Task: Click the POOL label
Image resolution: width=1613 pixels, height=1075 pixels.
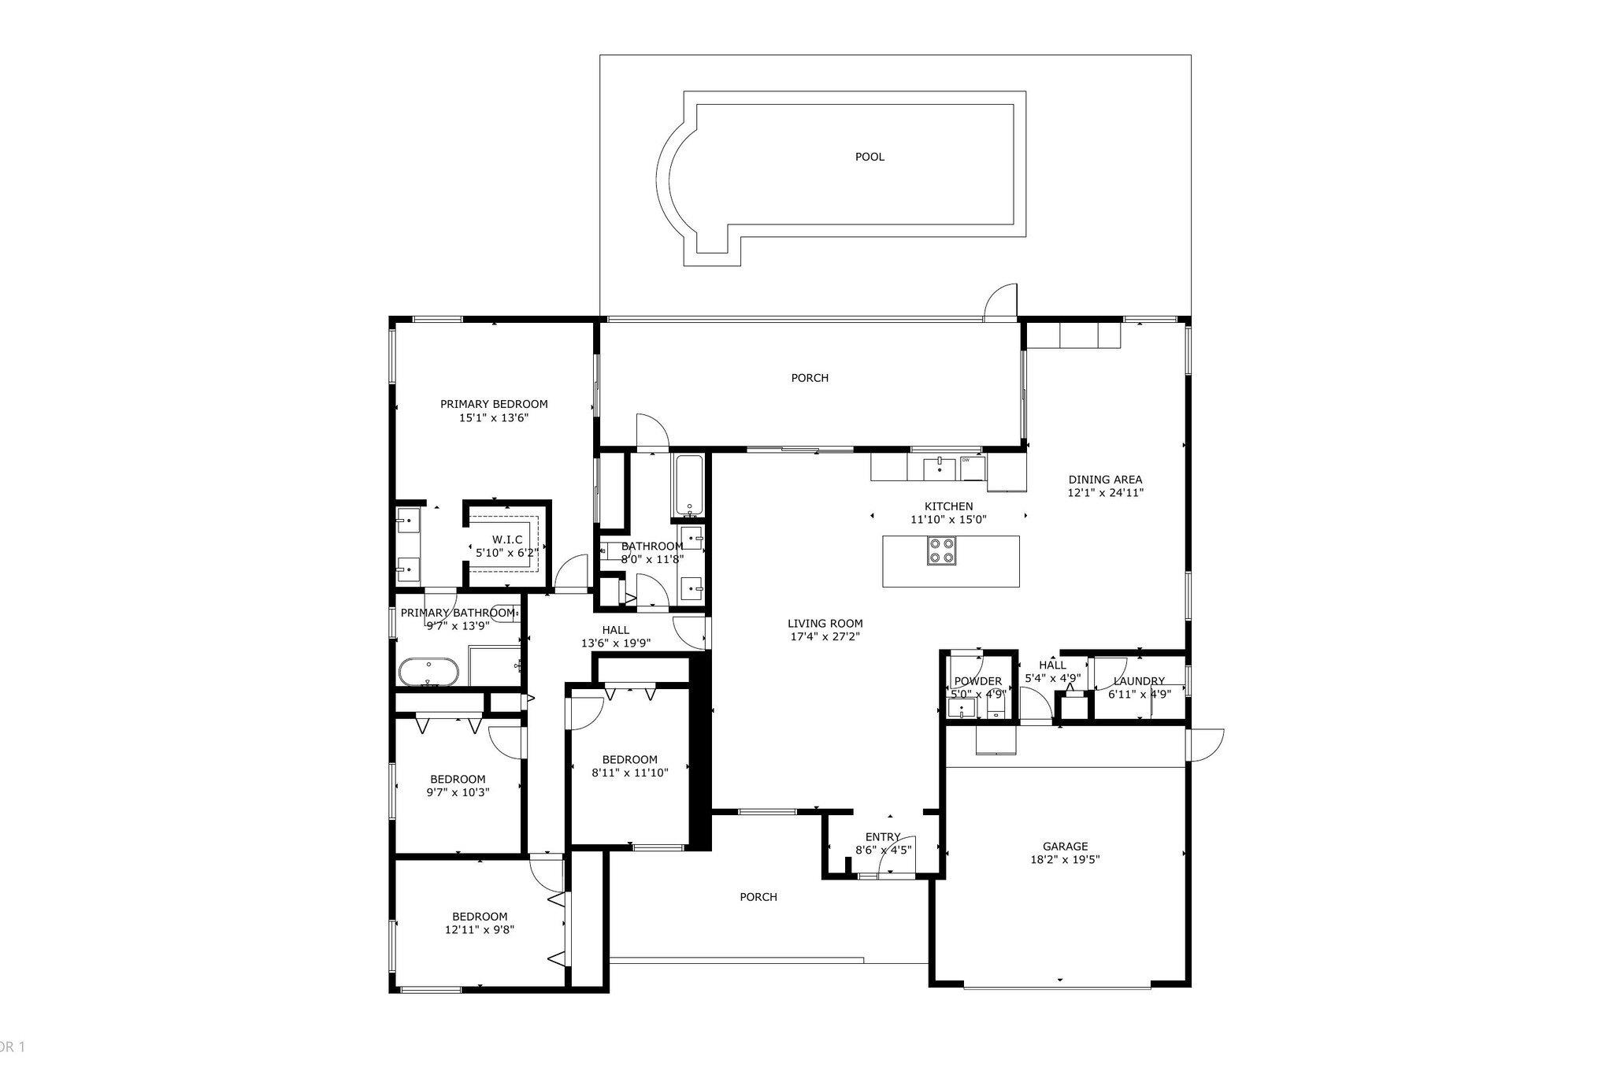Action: pyautogui.click(x=870, y=157)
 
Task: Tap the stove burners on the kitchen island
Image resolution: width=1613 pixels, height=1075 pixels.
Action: pyautogui.click(x=942, y=550)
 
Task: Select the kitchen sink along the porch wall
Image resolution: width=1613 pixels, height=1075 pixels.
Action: pyautogui.click(x=940, y=467)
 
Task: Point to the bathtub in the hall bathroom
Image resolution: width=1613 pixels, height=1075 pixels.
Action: pyautogui.click(x=689, y=486)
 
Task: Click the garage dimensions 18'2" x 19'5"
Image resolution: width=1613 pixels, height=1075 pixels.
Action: pyautogui.click(x=1065, y=860)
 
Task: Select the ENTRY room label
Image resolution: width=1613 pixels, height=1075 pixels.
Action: pyautogui.click(x=882, y=837)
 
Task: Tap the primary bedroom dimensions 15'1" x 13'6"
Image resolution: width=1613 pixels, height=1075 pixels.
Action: pyautogui.click(x=493, y=418)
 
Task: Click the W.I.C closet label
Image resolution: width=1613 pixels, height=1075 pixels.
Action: pyautogui.click(x=507, y=539)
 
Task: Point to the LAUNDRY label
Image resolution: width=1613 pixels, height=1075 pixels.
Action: pyautogui.click(x=1138, y=681)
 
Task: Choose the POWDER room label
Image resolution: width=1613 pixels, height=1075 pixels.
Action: pyautogui.click(x=977, y=681)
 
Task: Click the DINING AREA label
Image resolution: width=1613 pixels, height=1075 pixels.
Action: pyautogui.click(x=1105, y=479)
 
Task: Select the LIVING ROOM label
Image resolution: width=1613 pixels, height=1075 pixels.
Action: pyautogui.click(x=825, y=623)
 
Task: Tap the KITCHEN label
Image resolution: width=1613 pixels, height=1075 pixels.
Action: pyautogui.click(x=948, y=506)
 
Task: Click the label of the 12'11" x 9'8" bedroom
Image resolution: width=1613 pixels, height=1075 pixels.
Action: pyautogui.click(x=479, y=916)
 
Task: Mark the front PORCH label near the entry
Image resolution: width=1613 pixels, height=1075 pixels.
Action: pyautogui.click(x=758, y=896)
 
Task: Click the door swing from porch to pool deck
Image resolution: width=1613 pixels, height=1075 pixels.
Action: pyautogui.click(x=1001, y=302)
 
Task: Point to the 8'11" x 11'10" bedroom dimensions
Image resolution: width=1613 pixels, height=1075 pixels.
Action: pyautogui.click(x=629, y=773)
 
